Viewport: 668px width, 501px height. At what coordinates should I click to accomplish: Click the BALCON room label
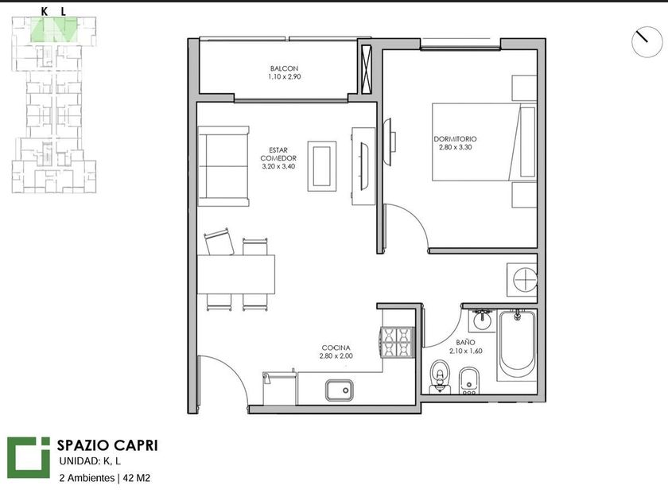click(x=284, y=68)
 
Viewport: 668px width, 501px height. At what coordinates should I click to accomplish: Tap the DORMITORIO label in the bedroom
click(x=455, y=139)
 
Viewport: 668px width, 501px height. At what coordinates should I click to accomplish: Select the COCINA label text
click(x=336, y=348)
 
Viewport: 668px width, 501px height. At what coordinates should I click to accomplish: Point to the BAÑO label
click(x=465, y=342)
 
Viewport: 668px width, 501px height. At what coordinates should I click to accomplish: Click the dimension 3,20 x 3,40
click(x=278, y=166)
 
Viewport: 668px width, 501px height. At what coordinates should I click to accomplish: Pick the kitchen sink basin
click(x=340, y=390)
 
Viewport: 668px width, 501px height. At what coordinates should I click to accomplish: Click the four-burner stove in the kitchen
click(x=398, y=342)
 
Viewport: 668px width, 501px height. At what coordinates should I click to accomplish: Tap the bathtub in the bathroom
click(x=516, y=344)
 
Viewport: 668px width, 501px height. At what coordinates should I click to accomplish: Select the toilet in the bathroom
click(x=440, y=377)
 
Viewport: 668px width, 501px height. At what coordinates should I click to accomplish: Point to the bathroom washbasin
click(x=482, y=320)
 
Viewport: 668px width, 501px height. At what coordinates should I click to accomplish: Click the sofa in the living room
click(x=223, y=166)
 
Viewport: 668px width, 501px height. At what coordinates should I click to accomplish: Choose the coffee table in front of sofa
click(x=322, y=166)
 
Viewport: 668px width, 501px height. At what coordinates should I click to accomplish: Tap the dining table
click(x=236, y=274)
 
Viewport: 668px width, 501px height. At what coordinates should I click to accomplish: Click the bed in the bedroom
click(x=484, y=142)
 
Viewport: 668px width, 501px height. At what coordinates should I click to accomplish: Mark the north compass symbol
click(x=647, y=41)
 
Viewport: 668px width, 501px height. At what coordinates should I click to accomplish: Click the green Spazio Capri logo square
click(x=29, y=457)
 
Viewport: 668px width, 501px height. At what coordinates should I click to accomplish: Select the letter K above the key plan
click(x=45, y=12)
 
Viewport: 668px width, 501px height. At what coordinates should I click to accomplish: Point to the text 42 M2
click(x=136, y=478)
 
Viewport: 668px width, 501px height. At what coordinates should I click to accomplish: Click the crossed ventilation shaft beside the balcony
click(x=367, y=69)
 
